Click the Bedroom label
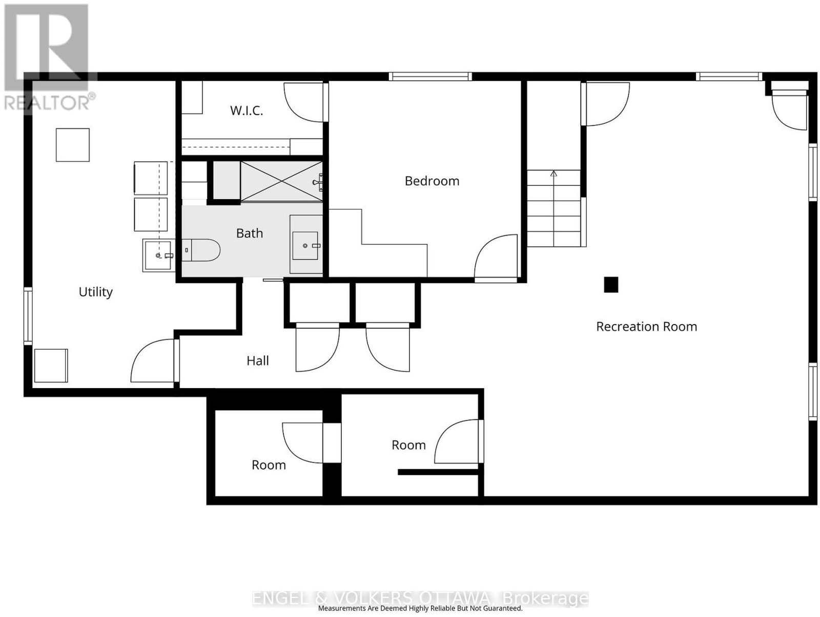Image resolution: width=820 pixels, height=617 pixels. [432, 181]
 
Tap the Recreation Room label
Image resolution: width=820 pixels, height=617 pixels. [646, 327]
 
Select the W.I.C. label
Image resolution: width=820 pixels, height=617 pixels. [247, 111]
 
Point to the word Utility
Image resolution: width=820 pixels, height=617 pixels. [96, 292]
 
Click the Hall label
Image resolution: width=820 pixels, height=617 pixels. [258, 360]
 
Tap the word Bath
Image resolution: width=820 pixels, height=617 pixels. [250, 233]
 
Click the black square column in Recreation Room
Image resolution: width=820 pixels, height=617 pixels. [611, 284]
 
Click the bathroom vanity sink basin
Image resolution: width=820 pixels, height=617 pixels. [305, 246]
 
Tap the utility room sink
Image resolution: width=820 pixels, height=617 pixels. [158, 256]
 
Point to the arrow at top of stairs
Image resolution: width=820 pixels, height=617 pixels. [553, 173]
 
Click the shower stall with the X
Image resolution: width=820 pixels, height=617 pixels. [281, 181]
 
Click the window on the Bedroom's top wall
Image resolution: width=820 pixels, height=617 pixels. [430, 76]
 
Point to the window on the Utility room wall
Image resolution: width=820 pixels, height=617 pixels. [28, 316]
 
